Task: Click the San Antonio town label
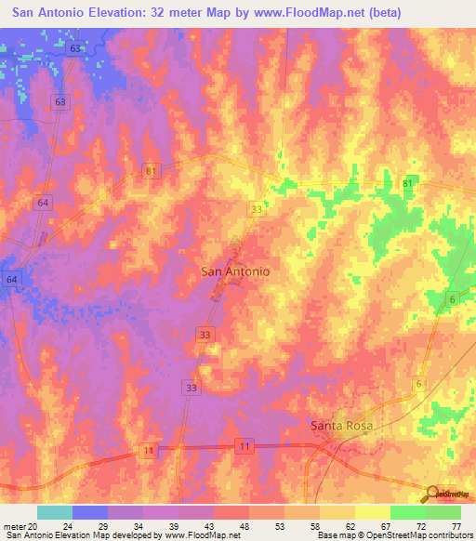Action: (235, 271)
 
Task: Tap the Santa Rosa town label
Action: (340, 425)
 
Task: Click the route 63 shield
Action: (60, 101)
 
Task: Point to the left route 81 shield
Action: (151, 171)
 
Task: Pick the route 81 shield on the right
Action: (408, 184)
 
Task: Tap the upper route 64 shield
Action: (43, 203)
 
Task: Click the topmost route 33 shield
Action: (256, 211)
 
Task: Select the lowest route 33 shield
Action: (192, 388)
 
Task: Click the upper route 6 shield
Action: (452, 298)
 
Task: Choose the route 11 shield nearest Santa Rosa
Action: (245, 447)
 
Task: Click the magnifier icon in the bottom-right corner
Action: (432, 494)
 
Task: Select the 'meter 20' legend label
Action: (20, 527)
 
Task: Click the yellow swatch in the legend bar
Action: (337, 512)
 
